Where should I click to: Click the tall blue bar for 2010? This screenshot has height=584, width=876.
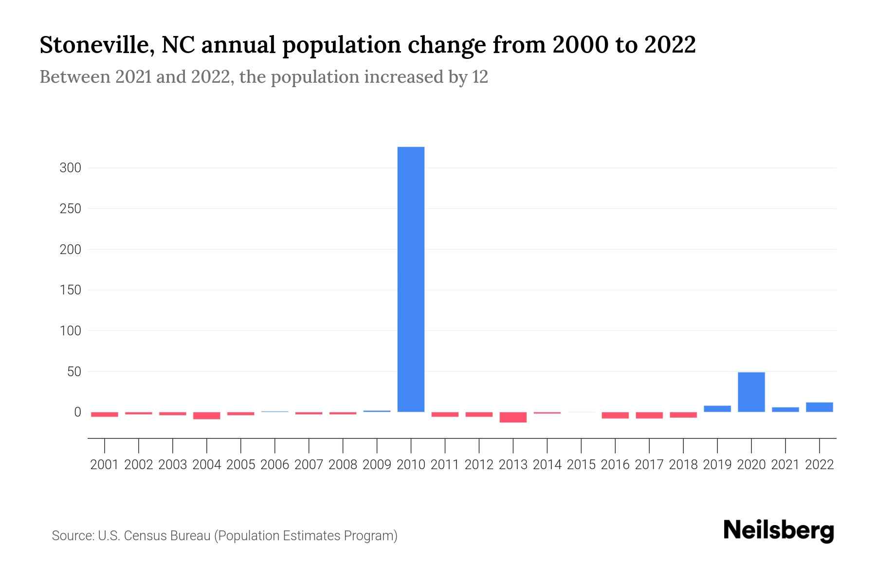click(411, 279)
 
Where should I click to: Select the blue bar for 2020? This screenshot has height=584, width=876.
click(751, 392)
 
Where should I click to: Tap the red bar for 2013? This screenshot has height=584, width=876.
click(513, 417)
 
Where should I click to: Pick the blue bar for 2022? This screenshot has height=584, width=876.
click(819, 407)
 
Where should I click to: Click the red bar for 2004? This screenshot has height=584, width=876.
click(207, 416)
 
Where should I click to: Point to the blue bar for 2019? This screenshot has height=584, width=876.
click(717, 409)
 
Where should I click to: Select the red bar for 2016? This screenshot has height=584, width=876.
click(615, 415)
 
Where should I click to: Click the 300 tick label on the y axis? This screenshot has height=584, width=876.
click(70, 168)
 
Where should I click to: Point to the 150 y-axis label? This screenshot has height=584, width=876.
click(70, 291)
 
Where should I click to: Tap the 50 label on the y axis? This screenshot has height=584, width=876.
click(73, 372)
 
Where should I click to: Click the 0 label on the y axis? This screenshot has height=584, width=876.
click(77, 412)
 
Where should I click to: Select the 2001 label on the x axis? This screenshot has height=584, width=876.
click(105, 465)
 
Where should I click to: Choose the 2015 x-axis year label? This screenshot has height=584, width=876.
click(581, 465)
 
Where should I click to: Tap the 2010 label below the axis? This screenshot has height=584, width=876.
click(411, 465)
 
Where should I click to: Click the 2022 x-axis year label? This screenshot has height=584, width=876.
click(819, 465)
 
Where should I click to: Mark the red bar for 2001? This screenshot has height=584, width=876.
click(105, 414)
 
